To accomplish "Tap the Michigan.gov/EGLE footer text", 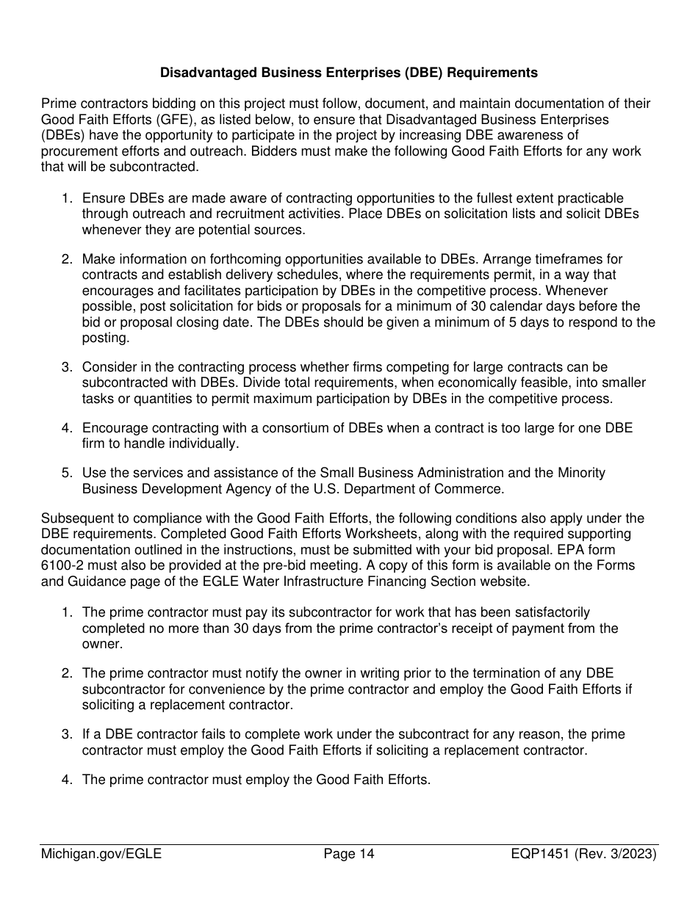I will (101, 854).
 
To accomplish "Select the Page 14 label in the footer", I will (349, 854).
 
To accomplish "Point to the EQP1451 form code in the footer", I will (541, 854).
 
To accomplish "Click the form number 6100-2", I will (62, 565).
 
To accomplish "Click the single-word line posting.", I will (105, 338).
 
